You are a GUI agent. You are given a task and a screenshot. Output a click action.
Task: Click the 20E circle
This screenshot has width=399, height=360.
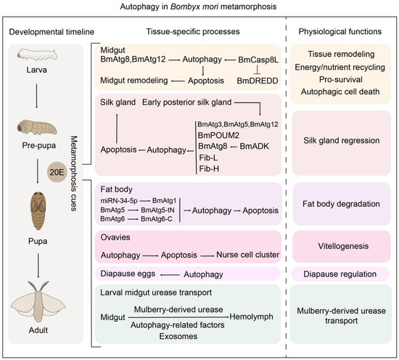pos(57,172)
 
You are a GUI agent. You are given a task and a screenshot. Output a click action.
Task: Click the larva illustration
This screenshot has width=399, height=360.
pos(38,55)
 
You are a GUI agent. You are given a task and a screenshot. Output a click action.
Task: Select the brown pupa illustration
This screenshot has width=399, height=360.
pos(38,210)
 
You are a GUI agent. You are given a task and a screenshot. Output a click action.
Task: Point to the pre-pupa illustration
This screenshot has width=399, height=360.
pos(37,127)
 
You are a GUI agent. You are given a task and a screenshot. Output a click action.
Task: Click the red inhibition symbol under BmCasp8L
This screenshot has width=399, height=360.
pos(257,70)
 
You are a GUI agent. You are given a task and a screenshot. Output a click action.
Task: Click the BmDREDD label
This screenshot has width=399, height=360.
pos(258,81)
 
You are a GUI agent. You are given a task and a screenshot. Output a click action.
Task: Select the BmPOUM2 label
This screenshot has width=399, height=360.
pos(218,135)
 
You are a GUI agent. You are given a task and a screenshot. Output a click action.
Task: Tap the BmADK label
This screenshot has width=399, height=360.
pos(254,147)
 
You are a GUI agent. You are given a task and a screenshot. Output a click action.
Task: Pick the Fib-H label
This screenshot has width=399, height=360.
pos(209,168)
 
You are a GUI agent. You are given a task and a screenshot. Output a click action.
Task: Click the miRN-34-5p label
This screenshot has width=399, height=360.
pos(119,201)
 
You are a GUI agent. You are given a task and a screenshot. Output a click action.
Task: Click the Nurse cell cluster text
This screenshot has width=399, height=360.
pos(247,255)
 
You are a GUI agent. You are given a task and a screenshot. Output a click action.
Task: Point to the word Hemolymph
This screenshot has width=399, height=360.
pos(251,316)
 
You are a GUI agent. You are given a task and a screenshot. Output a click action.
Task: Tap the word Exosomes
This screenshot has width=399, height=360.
pos(178,336)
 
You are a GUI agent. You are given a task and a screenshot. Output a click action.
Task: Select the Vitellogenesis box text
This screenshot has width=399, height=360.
pos(343,246)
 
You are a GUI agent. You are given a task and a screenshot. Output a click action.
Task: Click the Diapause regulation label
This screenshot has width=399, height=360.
pos(340,274)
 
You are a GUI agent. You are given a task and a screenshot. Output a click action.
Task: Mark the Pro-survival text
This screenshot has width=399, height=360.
pos(341,79)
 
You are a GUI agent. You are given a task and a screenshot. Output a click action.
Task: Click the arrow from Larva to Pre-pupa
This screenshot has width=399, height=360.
pos(37,96)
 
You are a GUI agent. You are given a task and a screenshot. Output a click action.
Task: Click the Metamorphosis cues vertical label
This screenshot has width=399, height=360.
pos(74,173)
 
